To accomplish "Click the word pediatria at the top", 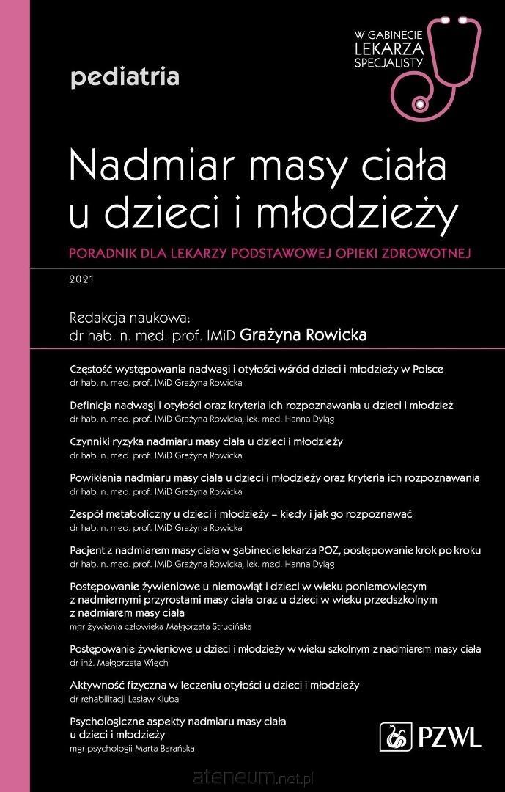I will coord(125,76).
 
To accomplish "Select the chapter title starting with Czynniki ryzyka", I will coord(206,441).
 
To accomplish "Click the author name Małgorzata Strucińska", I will coord(209,626).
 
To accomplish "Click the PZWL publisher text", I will coord(449,736).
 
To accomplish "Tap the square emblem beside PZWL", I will coord(397,736).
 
